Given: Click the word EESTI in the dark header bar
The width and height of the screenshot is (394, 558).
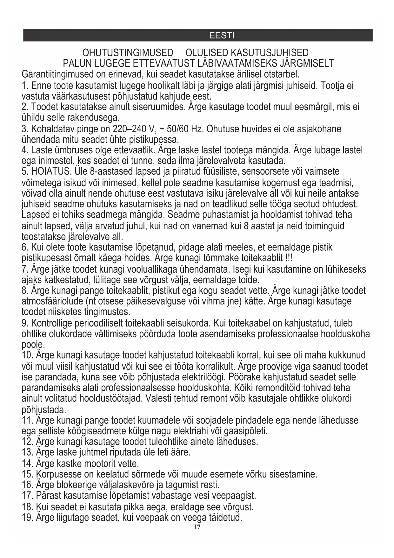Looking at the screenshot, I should (x=222, y=35).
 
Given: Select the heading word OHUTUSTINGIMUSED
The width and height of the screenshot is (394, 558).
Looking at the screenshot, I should (x=128, y=53).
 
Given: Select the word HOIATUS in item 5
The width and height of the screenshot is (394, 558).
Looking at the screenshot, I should (x=50, y=171).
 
